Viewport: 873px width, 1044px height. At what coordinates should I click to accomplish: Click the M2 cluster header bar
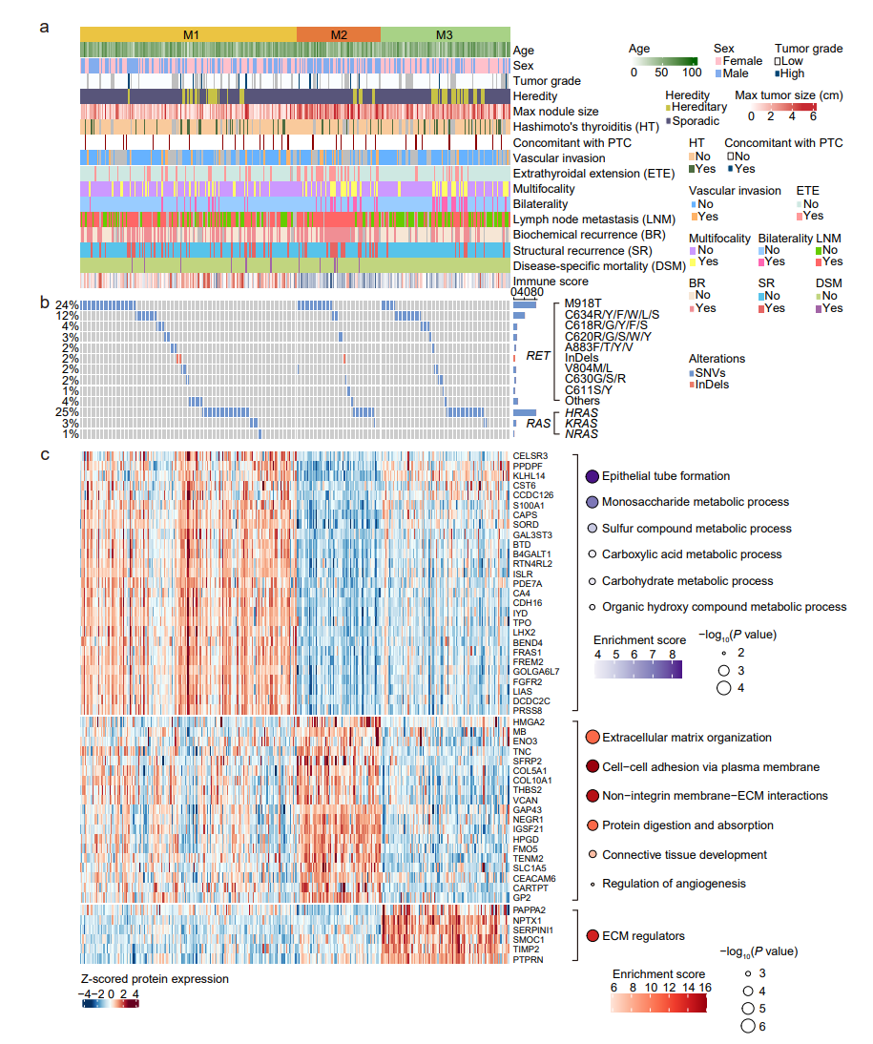tap(339, 34)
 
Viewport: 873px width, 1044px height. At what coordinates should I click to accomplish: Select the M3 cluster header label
tap(445, 34)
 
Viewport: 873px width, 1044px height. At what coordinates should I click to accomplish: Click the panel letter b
tap(44, 303)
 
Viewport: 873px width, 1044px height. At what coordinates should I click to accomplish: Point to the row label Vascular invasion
tap(558, 158)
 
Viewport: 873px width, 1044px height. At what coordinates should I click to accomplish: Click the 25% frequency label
tap(67, 412)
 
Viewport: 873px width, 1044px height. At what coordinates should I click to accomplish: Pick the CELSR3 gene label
tap(530, 455)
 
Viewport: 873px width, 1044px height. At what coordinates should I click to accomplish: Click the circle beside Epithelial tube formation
tap(592, 476)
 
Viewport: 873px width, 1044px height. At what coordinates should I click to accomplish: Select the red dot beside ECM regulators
tap(592, 936)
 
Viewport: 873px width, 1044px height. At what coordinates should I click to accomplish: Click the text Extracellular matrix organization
tap(687, 738)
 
